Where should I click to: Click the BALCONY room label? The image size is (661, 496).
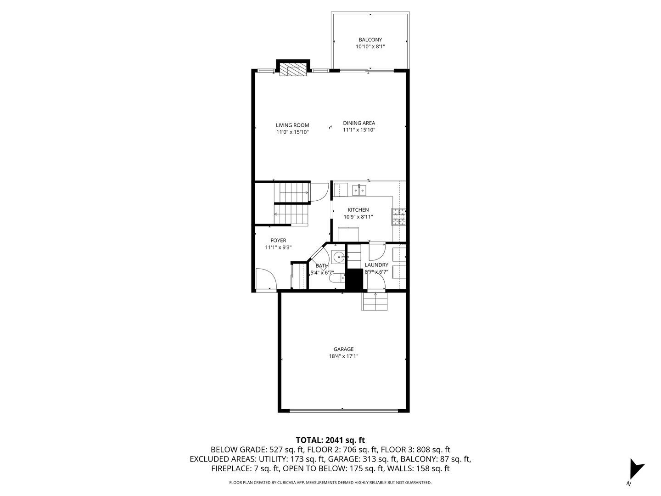pyautogui.click(x=370, y=40)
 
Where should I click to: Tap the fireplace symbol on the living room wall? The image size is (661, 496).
pyautogui.click(x=293, y=70)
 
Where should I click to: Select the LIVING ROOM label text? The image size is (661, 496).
pyautogui.click(x=292, y=125)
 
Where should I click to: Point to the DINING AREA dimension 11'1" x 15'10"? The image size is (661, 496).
pyautogui.click(x=359, y=130)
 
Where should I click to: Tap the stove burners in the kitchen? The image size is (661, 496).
pyautogui.click(x=398, y=217)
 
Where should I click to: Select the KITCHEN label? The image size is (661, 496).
pyautogui.click(x=358, y=210)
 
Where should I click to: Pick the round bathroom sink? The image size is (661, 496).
pyautogui.click(x=338, y=257)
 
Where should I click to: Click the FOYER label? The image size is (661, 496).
pyautogui.click(x=278, y=241)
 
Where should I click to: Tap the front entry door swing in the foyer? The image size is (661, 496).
pyautogui.click(x=266, y=279)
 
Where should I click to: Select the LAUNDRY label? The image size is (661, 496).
pyautogui.click(x=376, y=265)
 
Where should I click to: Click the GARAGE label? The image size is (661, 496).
pyautogui.click(x=343, y=349)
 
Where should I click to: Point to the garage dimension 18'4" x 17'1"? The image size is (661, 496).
pyautogui.click(x=343, y=356)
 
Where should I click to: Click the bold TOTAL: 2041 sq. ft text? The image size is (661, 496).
pyautogui.click(x=330, y=440)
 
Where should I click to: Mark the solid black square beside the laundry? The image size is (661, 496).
pyautogui.click(x=354, y=280)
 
